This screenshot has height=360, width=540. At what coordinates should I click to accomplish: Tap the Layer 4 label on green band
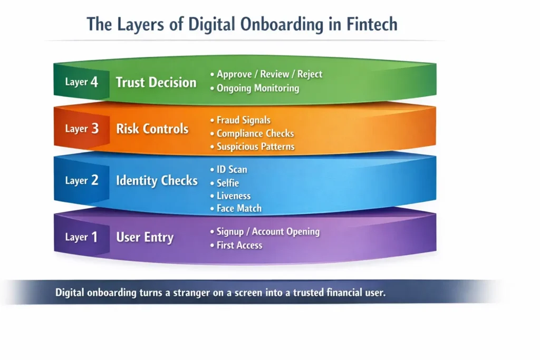click(82, 82)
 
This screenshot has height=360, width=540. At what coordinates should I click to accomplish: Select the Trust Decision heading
click(156, 82)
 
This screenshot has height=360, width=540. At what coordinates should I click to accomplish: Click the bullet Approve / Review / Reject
click(269, 74)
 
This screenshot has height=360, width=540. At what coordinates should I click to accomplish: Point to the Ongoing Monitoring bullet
click(257, 88)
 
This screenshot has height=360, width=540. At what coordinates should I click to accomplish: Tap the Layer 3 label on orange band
click(82, 129)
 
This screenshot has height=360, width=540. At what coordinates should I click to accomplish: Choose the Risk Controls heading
click(152, 129)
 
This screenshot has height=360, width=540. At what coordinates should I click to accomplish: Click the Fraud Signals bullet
click(243, 121)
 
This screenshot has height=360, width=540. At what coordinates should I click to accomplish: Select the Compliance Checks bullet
click(255, 134)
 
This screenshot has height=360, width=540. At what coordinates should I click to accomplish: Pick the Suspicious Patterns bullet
click(255, 147)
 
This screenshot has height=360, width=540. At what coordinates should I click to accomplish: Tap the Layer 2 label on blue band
click(82, 181)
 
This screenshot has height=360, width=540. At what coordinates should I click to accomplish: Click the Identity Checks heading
click(157, 181)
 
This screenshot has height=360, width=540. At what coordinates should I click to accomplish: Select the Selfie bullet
click(227, 182)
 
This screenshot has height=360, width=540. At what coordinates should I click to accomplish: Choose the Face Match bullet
click(239, 208)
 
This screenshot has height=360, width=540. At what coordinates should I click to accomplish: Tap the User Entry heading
click(145, 237)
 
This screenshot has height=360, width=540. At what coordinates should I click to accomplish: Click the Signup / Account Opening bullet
click(268, 232)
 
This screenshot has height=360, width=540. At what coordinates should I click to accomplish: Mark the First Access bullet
click(239, 245)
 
